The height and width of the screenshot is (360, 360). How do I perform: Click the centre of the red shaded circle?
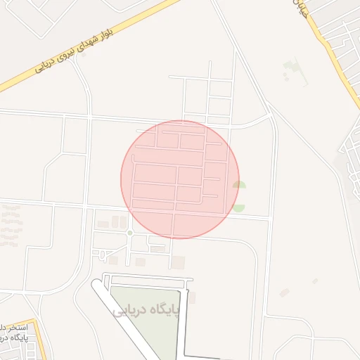[180, 179]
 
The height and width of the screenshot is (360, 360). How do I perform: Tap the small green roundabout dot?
[130, 233]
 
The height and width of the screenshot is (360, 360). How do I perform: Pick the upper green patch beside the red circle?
[239, 185]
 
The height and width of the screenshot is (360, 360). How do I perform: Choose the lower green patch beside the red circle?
[239, 208]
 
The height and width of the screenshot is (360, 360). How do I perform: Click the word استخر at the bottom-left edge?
[16, 328]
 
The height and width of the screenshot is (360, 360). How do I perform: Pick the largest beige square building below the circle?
[179, 262]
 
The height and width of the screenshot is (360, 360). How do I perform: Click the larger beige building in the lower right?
[284, 292]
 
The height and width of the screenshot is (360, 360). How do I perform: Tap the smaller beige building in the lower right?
[315, 281]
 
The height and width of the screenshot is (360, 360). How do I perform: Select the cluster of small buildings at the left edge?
[10, 225]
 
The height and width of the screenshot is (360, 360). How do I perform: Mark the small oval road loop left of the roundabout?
[102, 253]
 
